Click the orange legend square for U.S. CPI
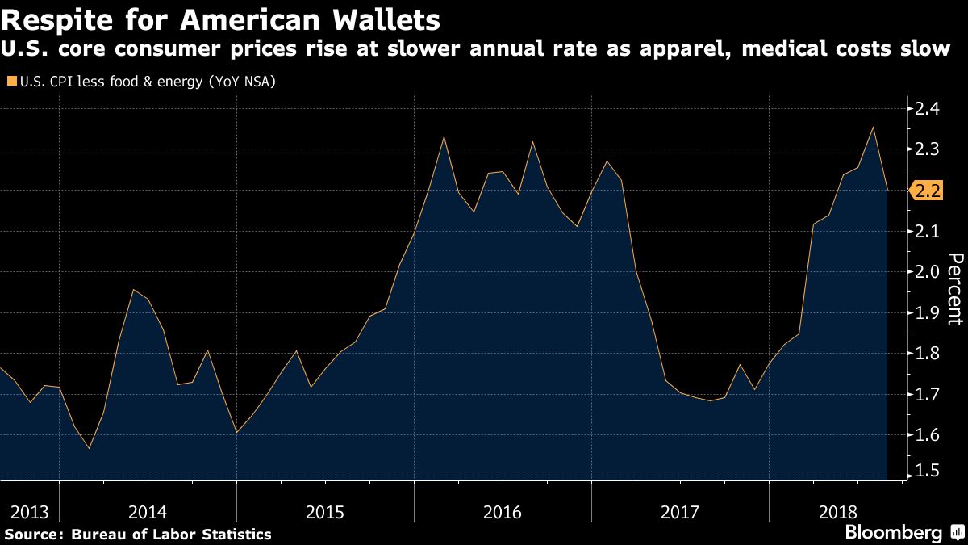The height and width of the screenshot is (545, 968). coord(10,82)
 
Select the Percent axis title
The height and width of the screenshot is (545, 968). coord(954,288)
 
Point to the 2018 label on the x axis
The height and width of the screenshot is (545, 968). coord(837,512)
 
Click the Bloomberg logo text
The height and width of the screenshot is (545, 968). coord(893,533)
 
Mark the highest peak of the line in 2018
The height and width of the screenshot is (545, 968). coord(872,127)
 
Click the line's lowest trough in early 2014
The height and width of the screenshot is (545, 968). coord(89,448)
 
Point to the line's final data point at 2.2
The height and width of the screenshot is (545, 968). coord(887,190)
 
